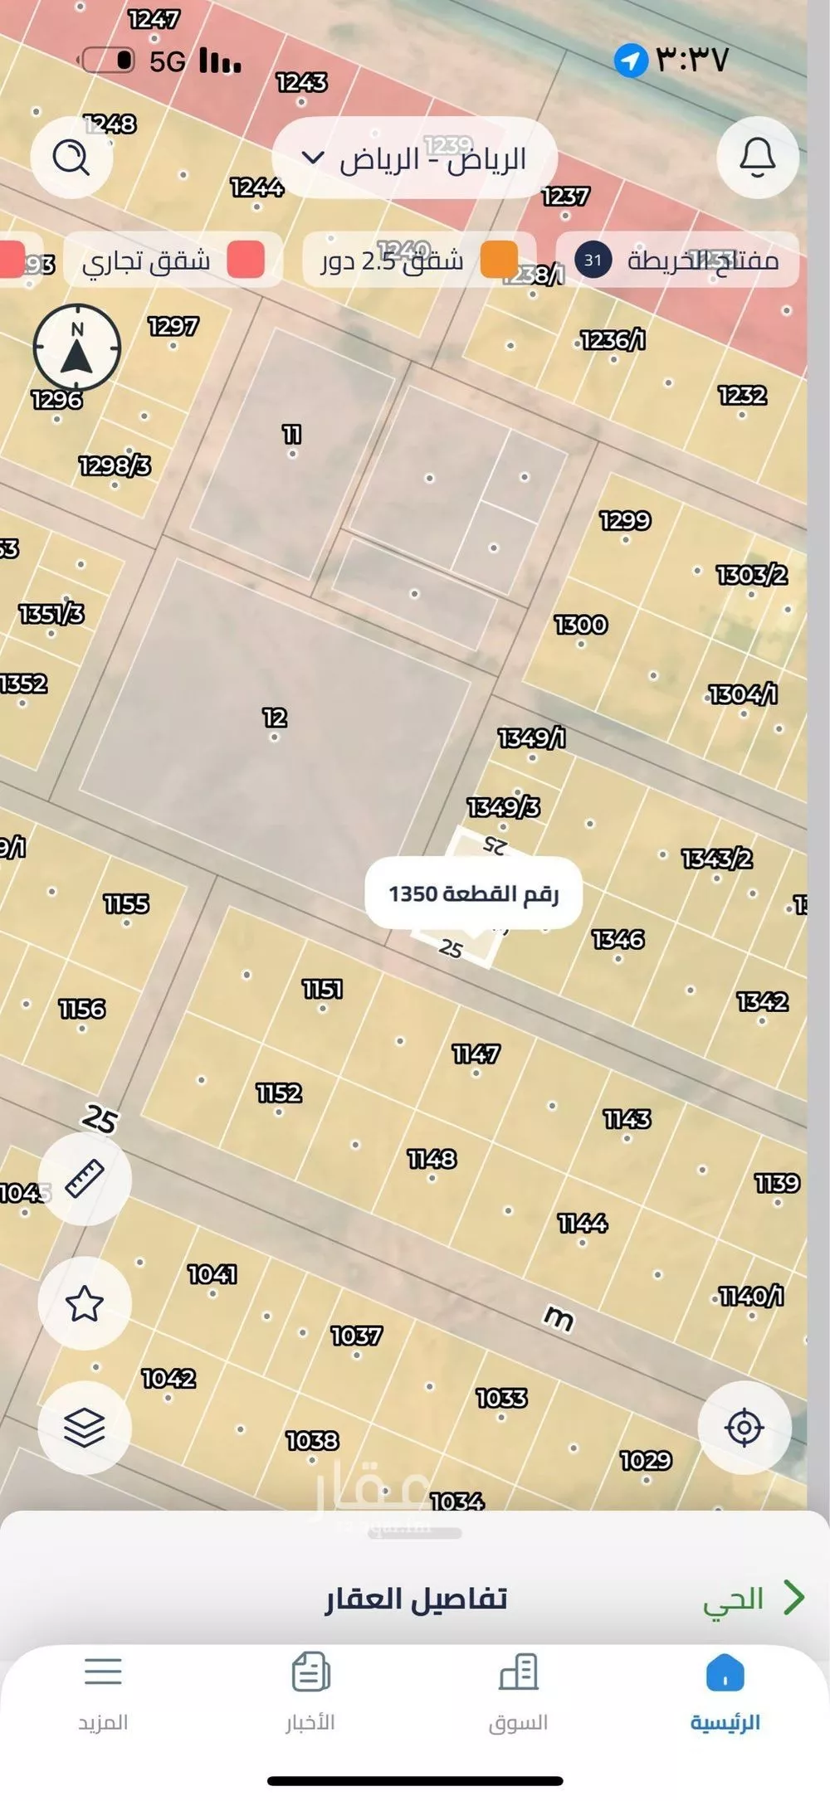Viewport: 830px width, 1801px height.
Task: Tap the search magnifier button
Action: point(71,157)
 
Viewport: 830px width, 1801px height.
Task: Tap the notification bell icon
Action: point(757,157)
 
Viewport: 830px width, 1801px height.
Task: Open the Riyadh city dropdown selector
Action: point(414,158)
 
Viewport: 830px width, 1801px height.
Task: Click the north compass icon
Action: point(76,348)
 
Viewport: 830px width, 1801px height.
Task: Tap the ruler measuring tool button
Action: point(84,1178)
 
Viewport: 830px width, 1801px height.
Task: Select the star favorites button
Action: point(84,1303)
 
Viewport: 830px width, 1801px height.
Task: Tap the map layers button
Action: point(84,1427)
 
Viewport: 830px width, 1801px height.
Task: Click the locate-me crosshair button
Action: point(744,1427)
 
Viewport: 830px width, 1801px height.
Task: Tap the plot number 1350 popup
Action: point(473,893)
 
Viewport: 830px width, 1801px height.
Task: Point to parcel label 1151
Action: point(322,989)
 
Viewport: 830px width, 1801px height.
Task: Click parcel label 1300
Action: point(581,624)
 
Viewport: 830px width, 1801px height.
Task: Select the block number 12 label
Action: point(275,717)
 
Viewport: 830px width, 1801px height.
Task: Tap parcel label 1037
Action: point(356,1336)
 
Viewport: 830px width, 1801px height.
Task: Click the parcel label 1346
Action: point(618,939)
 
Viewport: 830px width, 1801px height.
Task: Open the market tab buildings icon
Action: point(518,1672)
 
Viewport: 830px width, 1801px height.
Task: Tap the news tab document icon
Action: point(310,1672)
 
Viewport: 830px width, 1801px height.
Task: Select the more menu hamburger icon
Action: point(103,1672)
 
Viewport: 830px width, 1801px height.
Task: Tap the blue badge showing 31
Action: point(593,260)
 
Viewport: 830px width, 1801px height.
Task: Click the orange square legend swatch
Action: point(499,260)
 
